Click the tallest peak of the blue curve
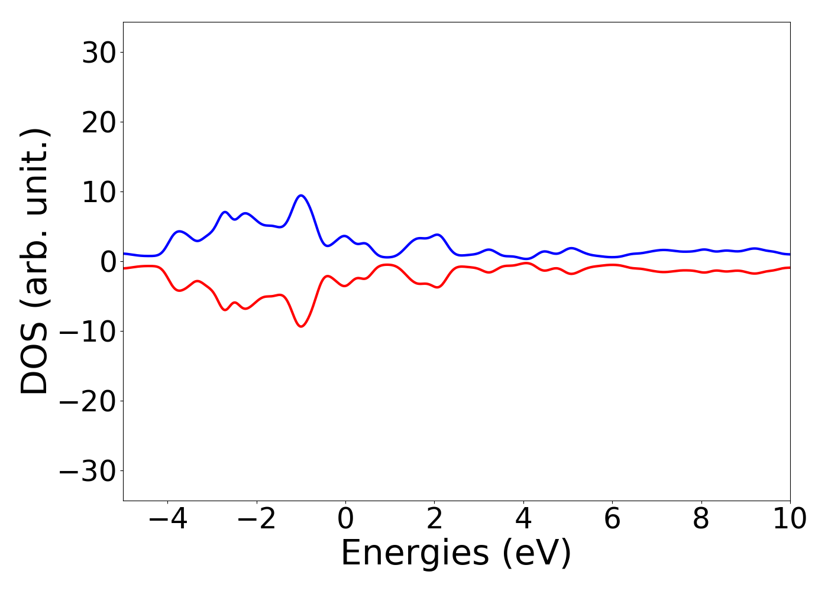point(301,196)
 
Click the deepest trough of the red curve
point(301,326)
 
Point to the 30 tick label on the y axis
point(98,53)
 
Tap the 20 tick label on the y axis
point(98,123)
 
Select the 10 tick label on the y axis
point(98,193)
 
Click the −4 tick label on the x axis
point(167,519)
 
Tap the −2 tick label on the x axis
point(256,519)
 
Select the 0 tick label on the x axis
point(345,519)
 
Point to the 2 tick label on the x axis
point(434,519)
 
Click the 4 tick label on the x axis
point(523,519)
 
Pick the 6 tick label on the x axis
point(612,519)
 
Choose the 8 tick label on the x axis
point(701,519)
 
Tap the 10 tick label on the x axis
point(789,519)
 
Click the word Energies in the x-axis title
point(415,554)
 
